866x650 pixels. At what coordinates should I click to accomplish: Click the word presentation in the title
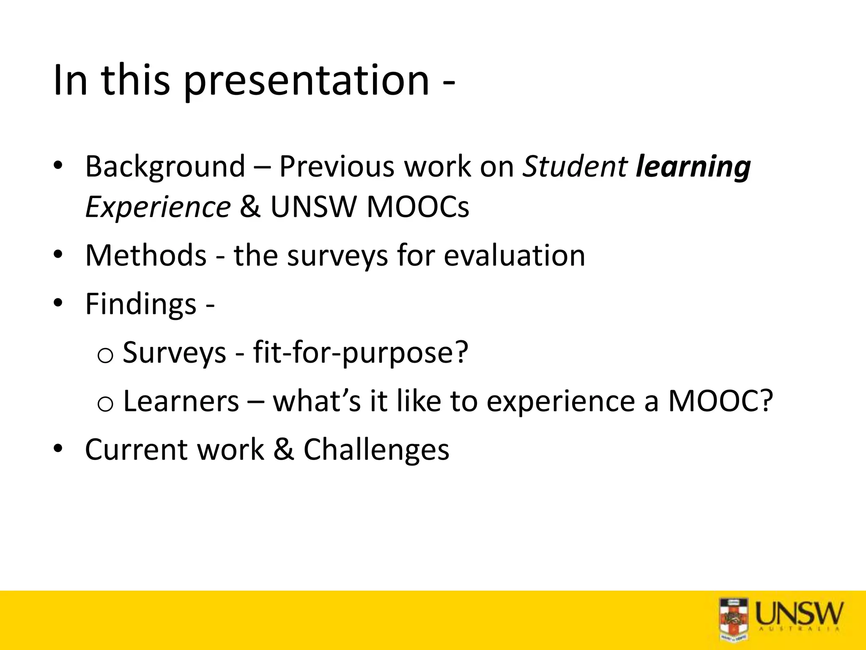coord(307,80)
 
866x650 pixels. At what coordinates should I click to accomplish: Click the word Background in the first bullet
coord(165,166)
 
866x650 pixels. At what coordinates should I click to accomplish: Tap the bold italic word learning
coord(693,166)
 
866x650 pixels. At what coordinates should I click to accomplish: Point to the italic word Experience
coord(158,207)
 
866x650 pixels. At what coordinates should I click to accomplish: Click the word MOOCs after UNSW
coord(418,207)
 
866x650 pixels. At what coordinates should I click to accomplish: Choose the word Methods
coord(146,255)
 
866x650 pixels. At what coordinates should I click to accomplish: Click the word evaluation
coord(514,255)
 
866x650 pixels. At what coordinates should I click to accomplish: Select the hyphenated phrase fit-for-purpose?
coord(361,352)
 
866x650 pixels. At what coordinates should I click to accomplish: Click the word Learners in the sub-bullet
coord(181,401)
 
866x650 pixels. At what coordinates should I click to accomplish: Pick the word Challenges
coord(376,449)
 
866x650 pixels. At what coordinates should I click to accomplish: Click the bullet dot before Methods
coord(58,255)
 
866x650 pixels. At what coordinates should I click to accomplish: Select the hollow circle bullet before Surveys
coord(105,355)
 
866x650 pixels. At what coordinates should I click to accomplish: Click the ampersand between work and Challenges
coord(284,449)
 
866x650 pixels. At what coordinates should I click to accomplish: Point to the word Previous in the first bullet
coord(337,166)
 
